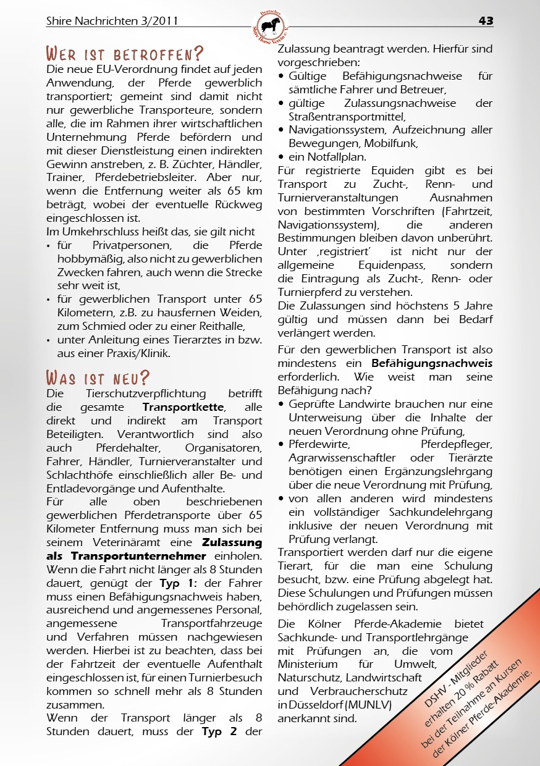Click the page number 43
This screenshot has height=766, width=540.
[x=486, y=21]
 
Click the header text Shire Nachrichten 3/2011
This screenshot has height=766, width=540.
[x=112, y=21]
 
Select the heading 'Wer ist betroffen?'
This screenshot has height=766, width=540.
[x=125, y=53]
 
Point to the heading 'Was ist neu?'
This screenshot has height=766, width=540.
[x=99, y=377]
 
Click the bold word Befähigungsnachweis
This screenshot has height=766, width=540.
[x=432, y=363]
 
